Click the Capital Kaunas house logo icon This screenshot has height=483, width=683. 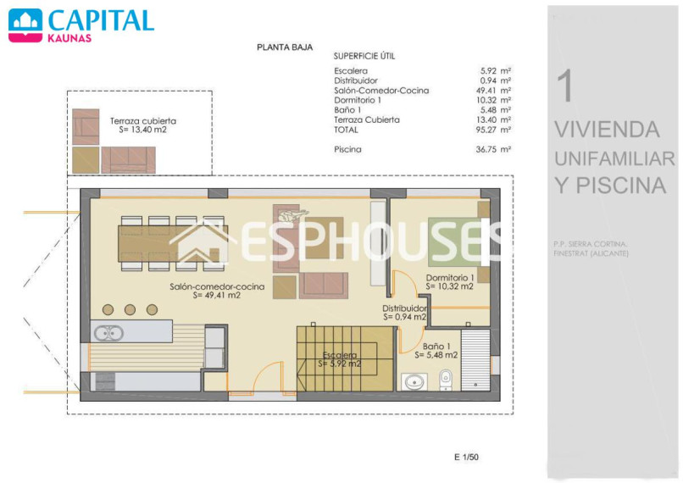[25, 25]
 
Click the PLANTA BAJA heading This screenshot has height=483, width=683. [285, 47]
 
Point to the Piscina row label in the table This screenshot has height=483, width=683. [347, 149]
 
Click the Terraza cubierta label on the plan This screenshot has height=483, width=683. [143, 121]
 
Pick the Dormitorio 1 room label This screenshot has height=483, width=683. [450, 277]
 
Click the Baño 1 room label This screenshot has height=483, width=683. [436, 347]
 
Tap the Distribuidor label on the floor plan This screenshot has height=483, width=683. [404, 308]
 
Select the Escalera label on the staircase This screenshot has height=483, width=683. [340, 355]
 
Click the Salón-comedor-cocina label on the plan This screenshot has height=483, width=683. [217, 286]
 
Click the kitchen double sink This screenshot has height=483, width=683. [109, 334]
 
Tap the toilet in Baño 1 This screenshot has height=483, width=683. [445, 380]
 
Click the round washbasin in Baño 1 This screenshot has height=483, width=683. [414, 382]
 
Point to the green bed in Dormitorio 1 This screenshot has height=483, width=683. [456, 241]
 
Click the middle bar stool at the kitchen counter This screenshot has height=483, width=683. [130, 309]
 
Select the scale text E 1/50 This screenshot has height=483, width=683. [466, 457]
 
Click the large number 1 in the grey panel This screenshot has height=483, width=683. [566, 86]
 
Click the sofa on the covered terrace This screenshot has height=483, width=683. [129, 160]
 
